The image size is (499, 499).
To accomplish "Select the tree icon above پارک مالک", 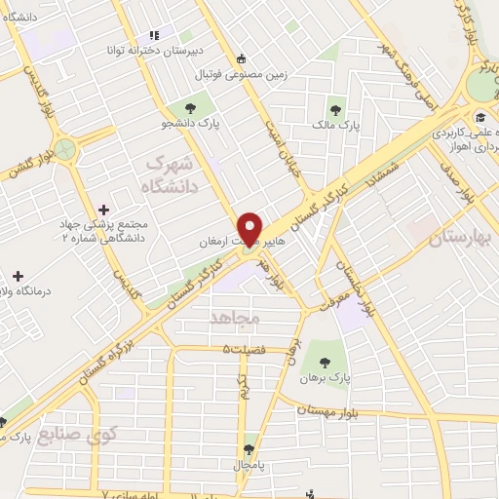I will tap(336, 110).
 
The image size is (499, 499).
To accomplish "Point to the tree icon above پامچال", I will tap(249, 448).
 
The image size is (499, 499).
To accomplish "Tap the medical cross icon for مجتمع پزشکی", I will tap(105, 210).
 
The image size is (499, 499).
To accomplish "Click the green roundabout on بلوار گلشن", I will tap(64, 149).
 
